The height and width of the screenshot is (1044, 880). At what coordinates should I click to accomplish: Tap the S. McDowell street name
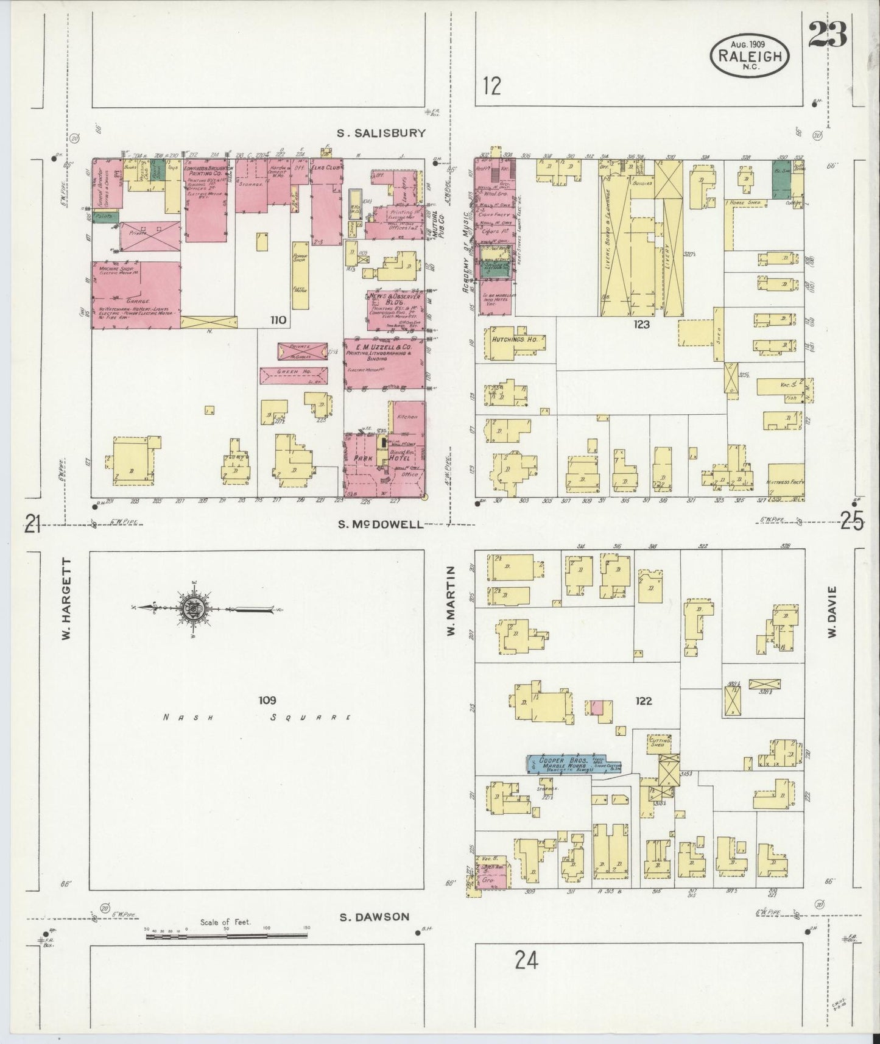coord(382,524)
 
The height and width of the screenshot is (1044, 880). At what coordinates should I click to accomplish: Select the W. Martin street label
coord(451,601)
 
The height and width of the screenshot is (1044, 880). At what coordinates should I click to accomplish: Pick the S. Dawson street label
coord(374,917)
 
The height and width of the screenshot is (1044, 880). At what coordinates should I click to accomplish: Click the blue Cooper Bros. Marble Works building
coord(566,764)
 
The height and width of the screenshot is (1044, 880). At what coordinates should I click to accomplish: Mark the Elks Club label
coord(325,164)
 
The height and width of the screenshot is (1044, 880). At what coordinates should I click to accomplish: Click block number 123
coord(641,325)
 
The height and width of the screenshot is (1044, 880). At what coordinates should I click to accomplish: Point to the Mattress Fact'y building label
coord(786,482)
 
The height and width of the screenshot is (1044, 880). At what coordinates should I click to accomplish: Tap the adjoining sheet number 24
coord(526,961)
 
